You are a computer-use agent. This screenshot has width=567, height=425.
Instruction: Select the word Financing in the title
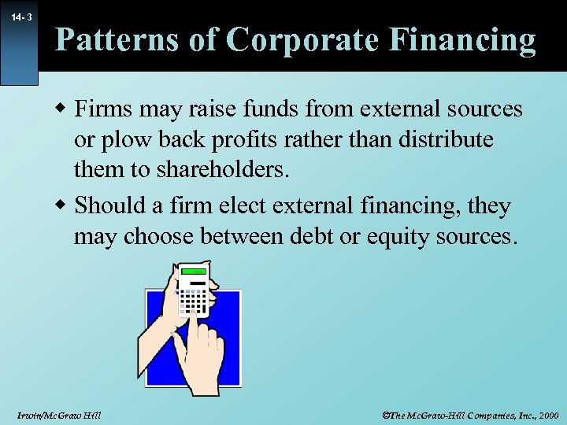point(461,39)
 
